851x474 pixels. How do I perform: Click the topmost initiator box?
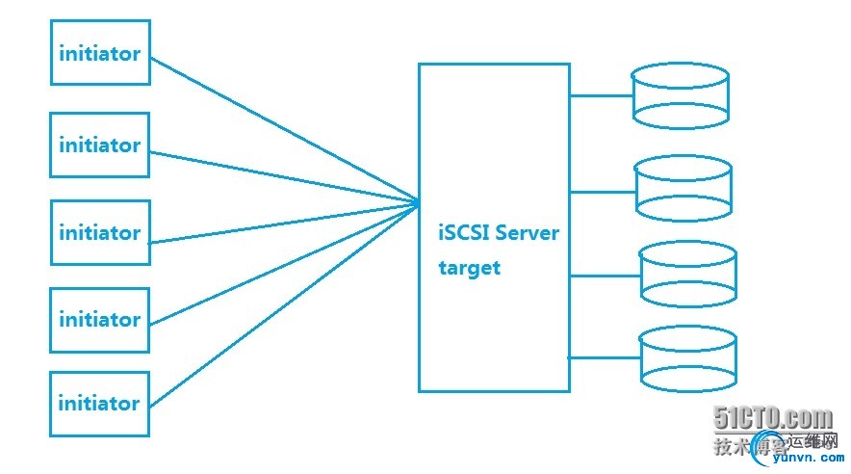pyautogui.click(x=100, y=53)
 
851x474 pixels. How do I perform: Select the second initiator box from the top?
pyautogui.click(x=100, y=145)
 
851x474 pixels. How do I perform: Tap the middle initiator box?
pyautogui.click(x=100, y=232)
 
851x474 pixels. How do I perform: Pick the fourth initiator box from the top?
pyautogui.click(x=100, y=319)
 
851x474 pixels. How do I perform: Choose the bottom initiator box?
pyautogui.click(x=100, y=403)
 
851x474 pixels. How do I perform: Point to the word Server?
pyautogui.click(x=527, y=233)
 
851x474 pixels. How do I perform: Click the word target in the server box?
pyautogui.click(x=469, y=268)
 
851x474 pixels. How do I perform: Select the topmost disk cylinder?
pyautogui.click(x=680, y=96)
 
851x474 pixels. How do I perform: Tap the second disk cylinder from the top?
pyautogui.click(x=683, y=188)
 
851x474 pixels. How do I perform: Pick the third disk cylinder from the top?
pyautogui.click(x=687, y=275)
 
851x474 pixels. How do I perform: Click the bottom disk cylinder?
pyautogui.click(x=687, y=358)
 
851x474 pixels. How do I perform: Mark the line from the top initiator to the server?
pyautogui.click(x=284, y=130)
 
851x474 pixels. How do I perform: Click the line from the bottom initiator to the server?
pyautogui.click(x=284, y=303)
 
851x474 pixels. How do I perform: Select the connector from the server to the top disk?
pyautogui.click(x=601, y=95)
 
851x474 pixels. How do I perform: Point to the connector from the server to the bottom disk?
pyautogui.click(x=604, y=356)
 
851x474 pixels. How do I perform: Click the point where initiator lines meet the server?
pyautogui.click(x=419, y=202)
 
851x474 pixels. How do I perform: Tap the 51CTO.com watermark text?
pyautogui.click(x=773, y=418)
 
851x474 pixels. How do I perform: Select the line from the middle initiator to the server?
pyautogui.click(x=284, y=223)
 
